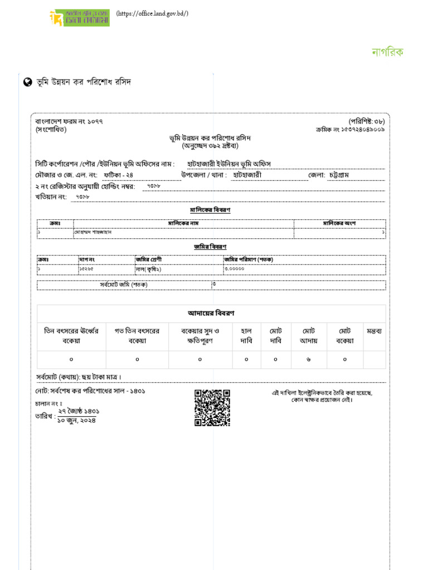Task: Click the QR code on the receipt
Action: click(212, 407)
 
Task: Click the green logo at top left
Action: click(79, 17)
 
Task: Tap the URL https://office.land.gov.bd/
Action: click(152, 14)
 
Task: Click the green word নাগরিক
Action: click(387, 52)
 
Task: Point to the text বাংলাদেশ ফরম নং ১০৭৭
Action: click(69, 121)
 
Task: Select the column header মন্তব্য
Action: click(374, 331)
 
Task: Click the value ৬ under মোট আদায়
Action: click(308, 360)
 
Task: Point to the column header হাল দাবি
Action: click(246, 336)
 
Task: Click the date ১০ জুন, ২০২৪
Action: click(77, 421)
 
